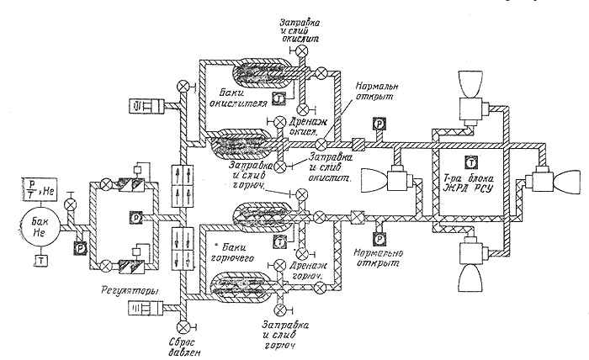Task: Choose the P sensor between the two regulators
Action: pos(135,217)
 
